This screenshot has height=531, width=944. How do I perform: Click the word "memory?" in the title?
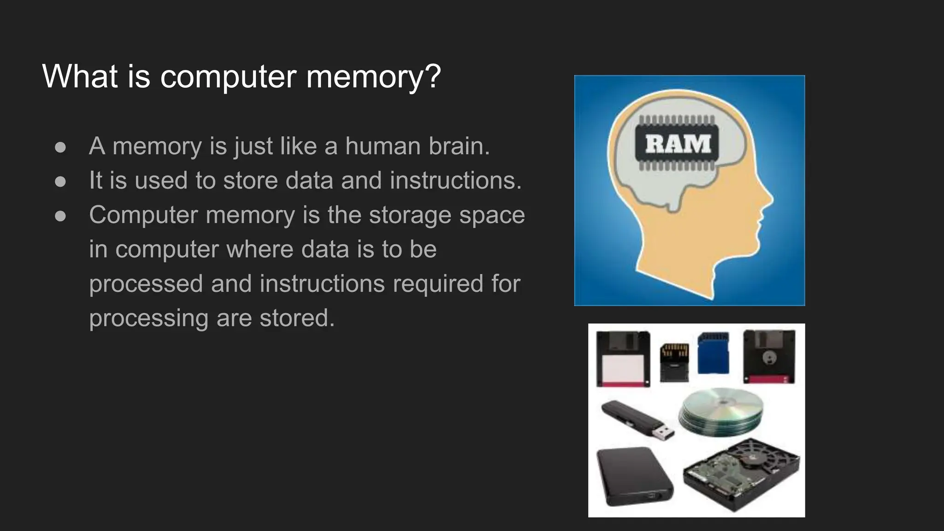[x=373, y=77]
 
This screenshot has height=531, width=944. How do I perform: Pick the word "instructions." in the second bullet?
[x=455, y=180]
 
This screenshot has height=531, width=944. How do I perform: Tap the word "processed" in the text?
[x=146, y=283]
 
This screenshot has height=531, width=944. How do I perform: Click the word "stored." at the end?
[x=297, y=318]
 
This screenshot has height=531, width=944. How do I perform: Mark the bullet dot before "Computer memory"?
[x=60, y=216]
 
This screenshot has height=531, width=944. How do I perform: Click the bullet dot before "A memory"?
[x=60, y=147]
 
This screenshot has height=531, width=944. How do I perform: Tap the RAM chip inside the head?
[x=678, y=143]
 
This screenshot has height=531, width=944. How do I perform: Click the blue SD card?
[x=713, y=353]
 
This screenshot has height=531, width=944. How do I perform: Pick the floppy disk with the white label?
[x=623, y=359]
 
